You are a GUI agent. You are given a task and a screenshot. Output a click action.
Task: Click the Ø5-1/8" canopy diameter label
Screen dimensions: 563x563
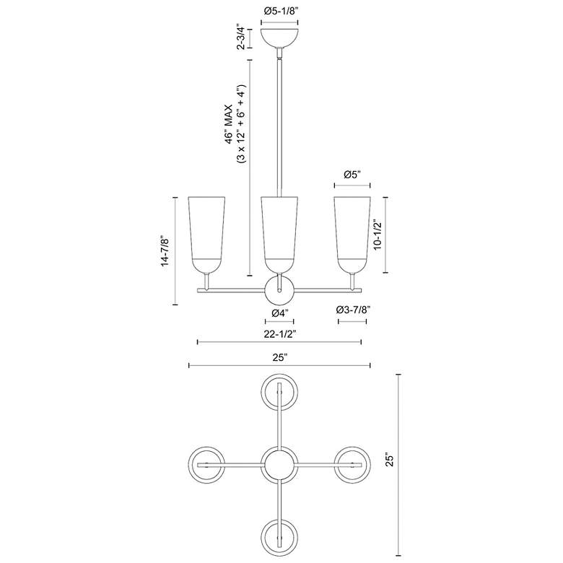280,11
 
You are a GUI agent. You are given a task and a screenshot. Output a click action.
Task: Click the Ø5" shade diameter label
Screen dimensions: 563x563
352,174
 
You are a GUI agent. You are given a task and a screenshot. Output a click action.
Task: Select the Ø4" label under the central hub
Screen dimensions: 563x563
280,313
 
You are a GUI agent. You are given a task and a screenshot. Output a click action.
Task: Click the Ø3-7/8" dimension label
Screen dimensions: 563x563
353,310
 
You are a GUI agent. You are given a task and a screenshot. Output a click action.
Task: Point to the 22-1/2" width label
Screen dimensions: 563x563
280,333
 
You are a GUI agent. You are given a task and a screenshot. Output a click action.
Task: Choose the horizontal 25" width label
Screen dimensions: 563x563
280,357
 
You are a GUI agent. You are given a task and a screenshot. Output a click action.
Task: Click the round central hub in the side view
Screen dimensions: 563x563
280,290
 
